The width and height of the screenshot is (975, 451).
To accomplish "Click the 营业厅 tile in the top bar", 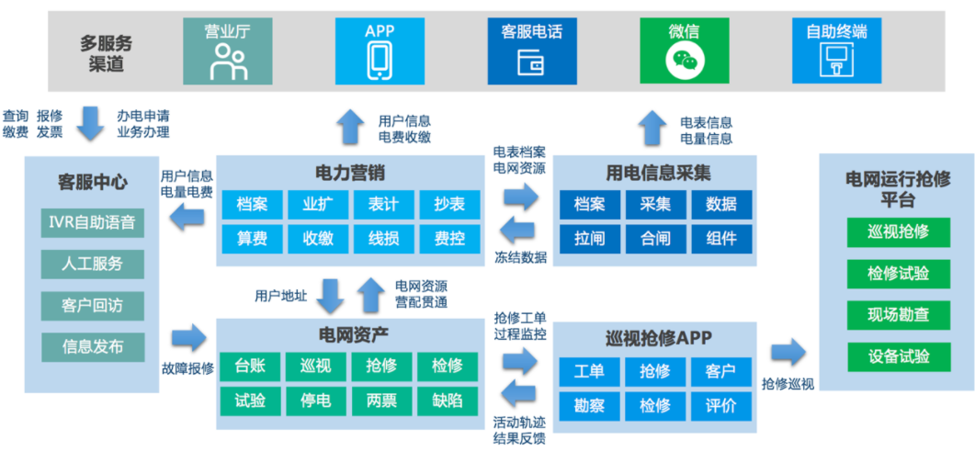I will [x=227, y=50].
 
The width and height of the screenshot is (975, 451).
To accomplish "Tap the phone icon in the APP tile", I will [x=380, y=61].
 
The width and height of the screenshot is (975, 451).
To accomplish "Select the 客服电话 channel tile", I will [x=531, y=50].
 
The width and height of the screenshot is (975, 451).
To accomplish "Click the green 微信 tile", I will [x=684, y=50].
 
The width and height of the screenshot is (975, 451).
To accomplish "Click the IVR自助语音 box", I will [x=92, y=222].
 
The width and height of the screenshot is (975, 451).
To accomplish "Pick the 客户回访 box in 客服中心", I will [x=92, y=305].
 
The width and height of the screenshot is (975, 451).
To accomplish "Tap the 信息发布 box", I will [x=92, y=346].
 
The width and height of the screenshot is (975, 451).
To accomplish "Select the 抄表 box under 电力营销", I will [x=448, y=204].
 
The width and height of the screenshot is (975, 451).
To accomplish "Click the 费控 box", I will [x=448, y=239].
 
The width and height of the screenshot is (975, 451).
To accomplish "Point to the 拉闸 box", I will [x=589, y=239].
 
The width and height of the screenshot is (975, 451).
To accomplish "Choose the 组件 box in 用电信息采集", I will [x=721, y=239].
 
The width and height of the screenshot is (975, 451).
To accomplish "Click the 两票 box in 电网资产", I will [x=382, y=400].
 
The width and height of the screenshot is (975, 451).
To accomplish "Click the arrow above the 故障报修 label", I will [x=189, y=337].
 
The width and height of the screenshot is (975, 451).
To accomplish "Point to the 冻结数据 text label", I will [x=520, y=257].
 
